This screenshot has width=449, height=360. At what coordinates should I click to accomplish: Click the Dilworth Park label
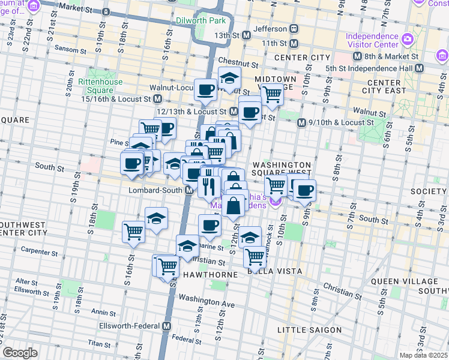point(201,20)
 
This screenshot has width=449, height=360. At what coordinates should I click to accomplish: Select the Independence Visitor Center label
point(372,40)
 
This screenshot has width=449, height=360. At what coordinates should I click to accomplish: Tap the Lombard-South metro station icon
point(188,190)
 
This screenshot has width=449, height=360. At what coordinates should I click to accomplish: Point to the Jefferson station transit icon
point(294,28)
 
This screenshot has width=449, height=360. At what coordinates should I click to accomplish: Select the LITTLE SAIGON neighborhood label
point(309,330)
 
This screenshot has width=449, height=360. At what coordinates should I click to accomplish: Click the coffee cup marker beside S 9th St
point(304,190)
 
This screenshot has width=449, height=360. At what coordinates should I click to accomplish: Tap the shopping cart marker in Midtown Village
point(273,93)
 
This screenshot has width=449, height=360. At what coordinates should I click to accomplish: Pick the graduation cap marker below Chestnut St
point(229,77)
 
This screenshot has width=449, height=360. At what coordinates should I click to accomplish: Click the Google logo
point(20,353)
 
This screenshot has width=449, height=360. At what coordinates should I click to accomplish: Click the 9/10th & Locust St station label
point(341,122)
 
